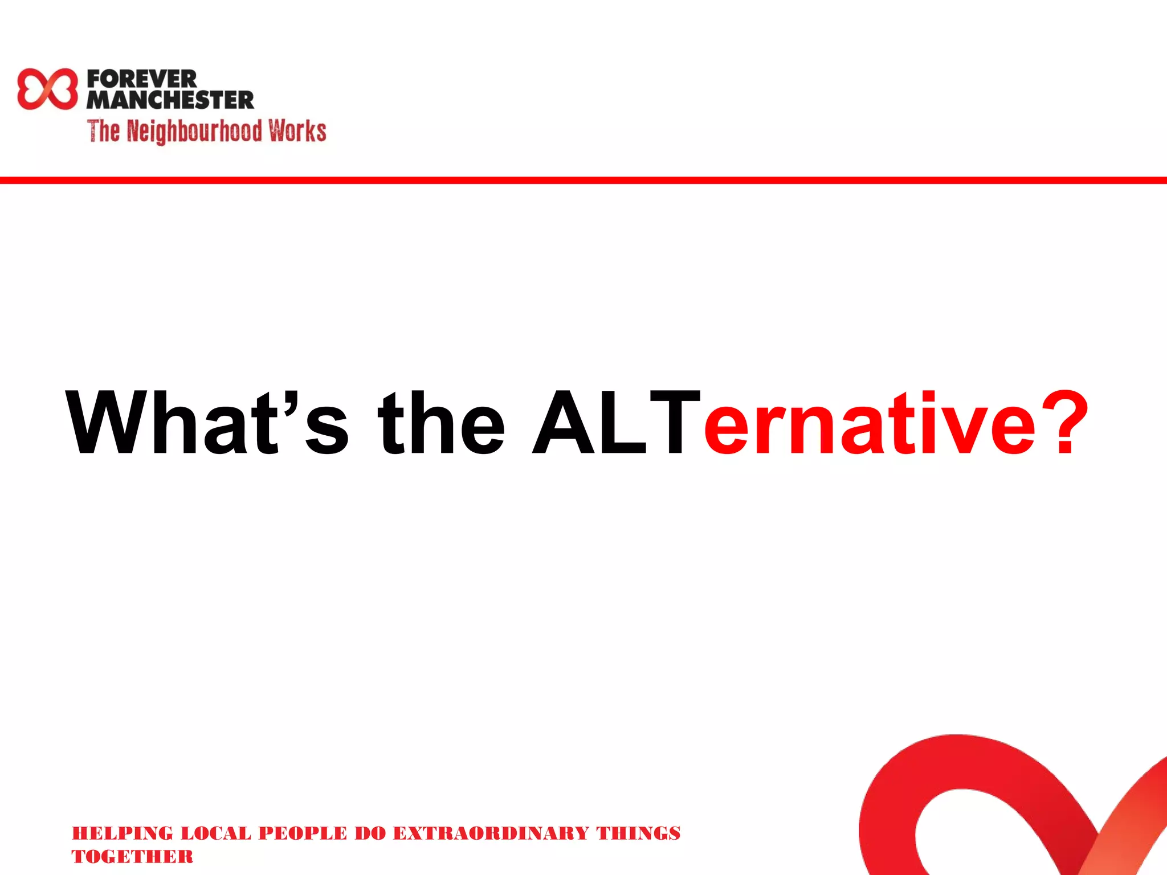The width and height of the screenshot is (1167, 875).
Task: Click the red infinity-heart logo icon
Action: pos(47,89)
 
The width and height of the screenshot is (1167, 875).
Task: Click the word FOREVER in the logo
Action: pos(142,79)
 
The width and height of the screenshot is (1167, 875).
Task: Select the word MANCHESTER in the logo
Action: pos(170,100)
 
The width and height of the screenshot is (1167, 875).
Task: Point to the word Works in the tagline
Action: pos(297,130)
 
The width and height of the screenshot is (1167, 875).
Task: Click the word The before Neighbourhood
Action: pos(103,130)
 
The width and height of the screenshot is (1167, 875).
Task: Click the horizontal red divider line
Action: pos(583,180)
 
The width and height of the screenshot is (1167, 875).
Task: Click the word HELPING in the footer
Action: pos(122,833)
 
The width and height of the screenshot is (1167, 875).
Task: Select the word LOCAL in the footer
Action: pos(215,833)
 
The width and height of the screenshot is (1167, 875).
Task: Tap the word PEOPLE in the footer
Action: pos(303,833)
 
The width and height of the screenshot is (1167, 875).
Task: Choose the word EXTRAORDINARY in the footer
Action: pos(491,833)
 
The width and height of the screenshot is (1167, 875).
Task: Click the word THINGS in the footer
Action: pos(638,833)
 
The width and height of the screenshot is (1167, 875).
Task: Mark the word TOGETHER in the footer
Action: pos(132,856)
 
